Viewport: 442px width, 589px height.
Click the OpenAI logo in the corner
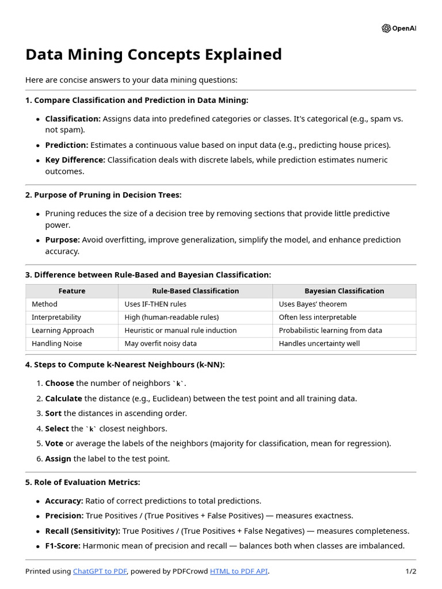pos(398,28)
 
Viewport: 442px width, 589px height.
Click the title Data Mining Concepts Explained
pos(154,54)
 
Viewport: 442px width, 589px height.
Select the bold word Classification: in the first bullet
pos(73,119)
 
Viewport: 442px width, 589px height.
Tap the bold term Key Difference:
pos(75,160)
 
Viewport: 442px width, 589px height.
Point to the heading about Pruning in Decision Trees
pos(103,195)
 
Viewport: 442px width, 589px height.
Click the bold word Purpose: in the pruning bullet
pos(62,240)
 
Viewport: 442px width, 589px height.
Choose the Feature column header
pos(72,291)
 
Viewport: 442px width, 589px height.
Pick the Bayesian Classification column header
pos(344,291)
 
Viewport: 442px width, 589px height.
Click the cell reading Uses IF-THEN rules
pos(155,304)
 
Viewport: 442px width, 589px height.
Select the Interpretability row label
pos(56,318)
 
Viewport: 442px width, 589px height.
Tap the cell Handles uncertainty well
pos(319,344)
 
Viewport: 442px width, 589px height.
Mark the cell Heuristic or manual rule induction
pos(180,331)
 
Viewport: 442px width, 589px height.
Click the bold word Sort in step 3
pos(54,414)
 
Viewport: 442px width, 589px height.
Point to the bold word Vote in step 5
pos(54,443)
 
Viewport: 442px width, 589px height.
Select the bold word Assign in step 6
pos(58,459)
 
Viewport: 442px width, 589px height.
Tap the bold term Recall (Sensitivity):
pos(83,531)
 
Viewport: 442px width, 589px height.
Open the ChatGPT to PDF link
pos(100,572)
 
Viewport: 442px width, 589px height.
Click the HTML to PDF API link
pos(239,572)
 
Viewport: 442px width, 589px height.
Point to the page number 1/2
pos(410,572)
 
